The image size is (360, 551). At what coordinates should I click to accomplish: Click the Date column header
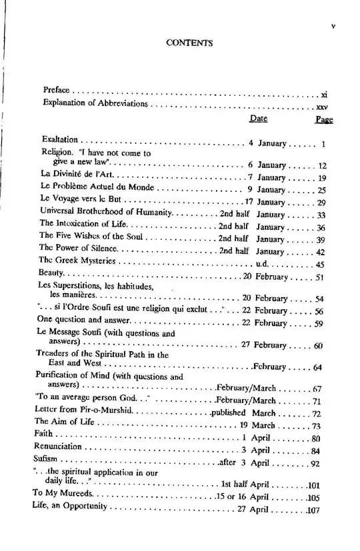point(258,118)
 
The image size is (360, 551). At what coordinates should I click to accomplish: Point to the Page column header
point(324,119)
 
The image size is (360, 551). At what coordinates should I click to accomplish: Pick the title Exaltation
point(61,141)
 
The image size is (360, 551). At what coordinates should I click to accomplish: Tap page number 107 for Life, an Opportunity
point(314,510)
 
